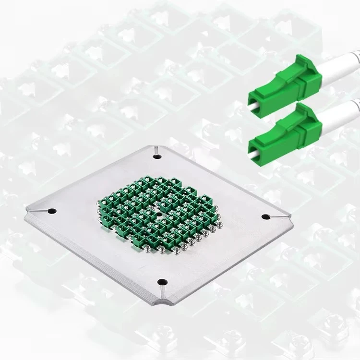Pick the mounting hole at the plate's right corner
264,216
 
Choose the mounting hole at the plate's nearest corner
161,282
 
